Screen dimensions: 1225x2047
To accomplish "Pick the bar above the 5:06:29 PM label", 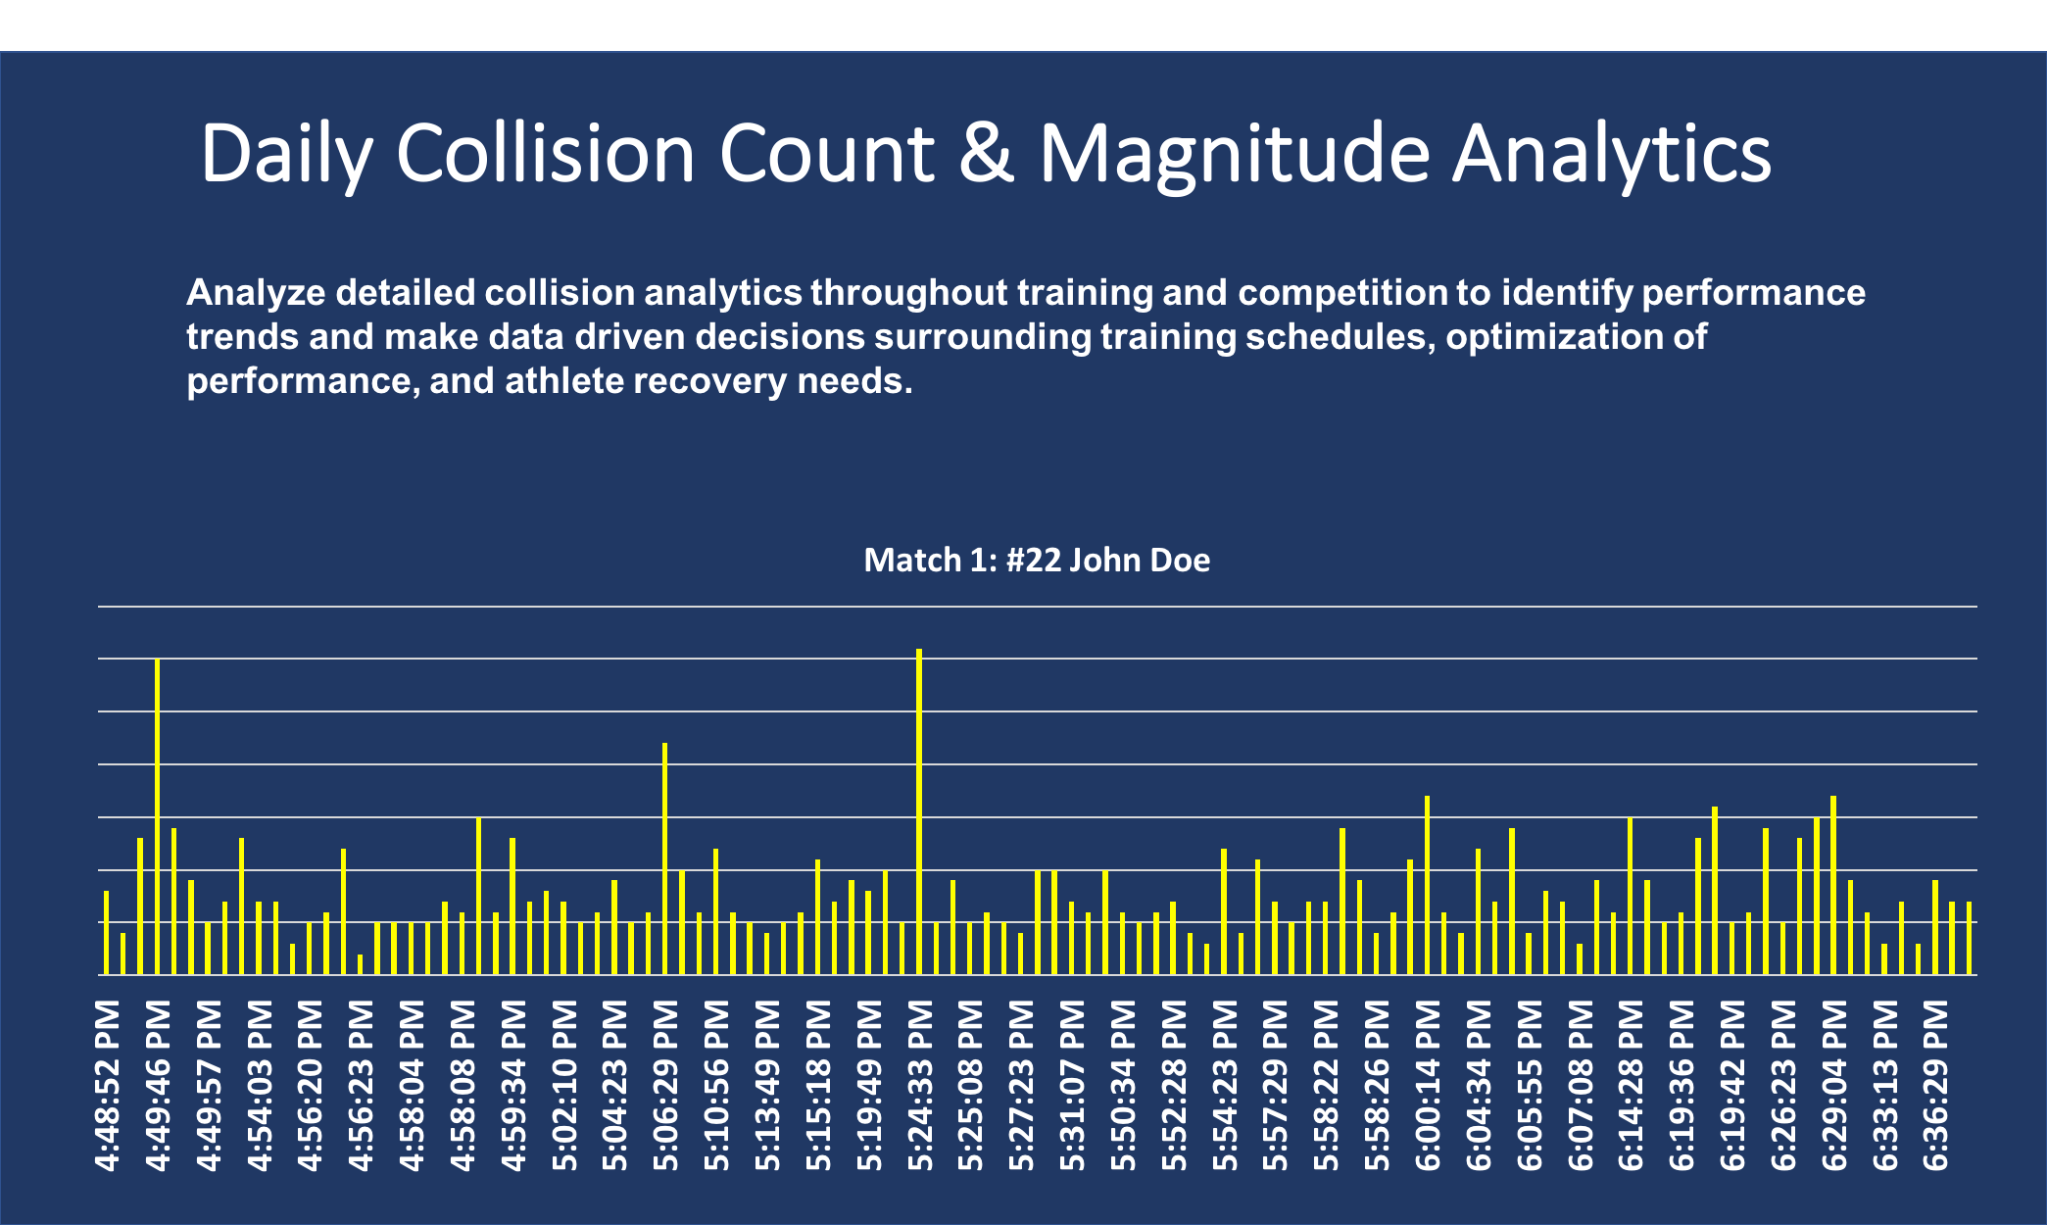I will click(x=664, y=858).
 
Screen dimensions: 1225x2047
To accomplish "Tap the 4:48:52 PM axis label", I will click(x=107, y=1085).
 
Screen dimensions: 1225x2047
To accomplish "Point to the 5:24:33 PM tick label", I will click(x=919, y=1085).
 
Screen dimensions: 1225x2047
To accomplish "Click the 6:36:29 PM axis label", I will click(x=1935, y=1085).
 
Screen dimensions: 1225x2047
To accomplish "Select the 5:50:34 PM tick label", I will click(x=1122, y=1085).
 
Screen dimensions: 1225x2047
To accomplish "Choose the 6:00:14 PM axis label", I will click(x=1428, y=1085).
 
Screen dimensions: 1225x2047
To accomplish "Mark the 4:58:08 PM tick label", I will click(x=463, y=1085).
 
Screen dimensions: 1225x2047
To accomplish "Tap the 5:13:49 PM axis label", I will click(x=767, y=1085).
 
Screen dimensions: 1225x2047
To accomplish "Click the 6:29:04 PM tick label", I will click(x=1833, y=1085).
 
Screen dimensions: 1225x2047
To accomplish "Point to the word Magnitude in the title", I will click(x=1234, y=154).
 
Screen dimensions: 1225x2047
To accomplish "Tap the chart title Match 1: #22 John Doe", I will click(x=1037, y=560).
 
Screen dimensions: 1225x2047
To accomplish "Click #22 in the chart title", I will click(x=1033, y=560).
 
